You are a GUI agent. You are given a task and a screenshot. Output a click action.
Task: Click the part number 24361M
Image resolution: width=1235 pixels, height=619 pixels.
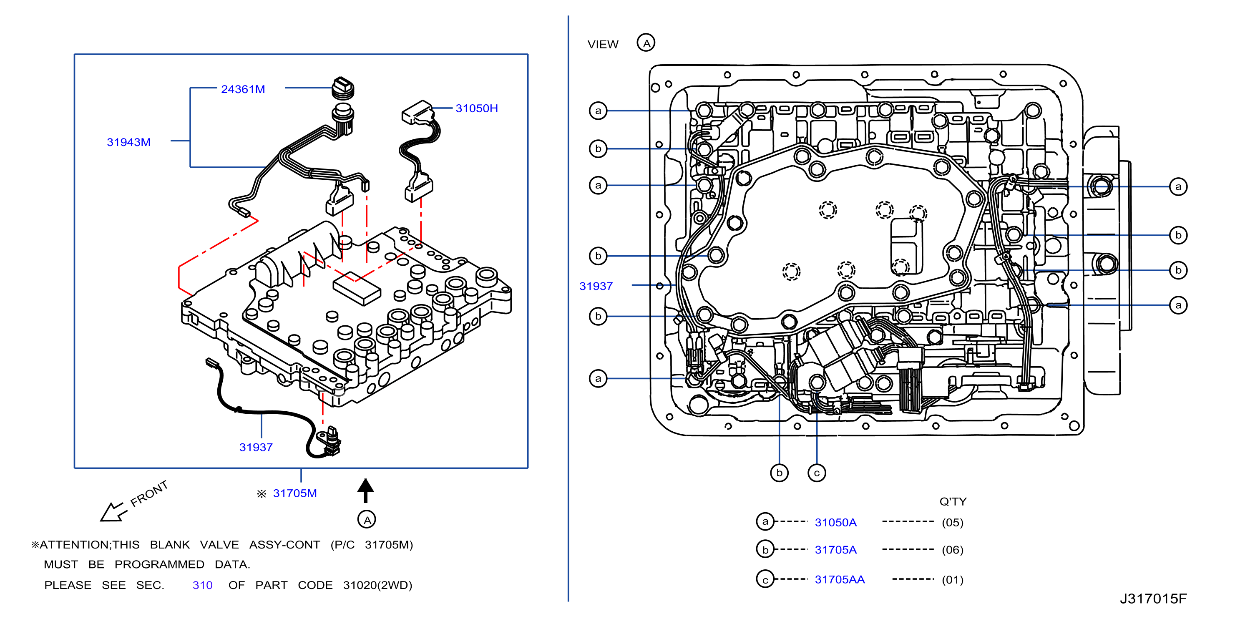[243, 89]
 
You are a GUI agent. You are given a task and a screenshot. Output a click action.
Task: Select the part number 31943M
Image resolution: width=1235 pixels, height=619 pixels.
[128, 142]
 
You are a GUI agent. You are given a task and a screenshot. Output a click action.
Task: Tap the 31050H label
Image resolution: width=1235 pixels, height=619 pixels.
[477, 108]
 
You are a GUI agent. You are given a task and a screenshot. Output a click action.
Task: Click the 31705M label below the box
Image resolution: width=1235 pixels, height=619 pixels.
[295, 493]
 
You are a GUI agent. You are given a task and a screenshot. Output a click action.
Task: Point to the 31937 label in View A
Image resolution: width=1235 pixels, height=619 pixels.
[596, 286]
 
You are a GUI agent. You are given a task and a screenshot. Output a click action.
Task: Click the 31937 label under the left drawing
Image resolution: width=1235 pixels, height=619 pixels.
[256, 447]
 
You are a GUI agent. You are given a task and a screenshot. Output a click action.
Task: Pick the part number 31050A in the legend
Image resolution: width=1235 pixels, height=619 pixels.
[836, 522]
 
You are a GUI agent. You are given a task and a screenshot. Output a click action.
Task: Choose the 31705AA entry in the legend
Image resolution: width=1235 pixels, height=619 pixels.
[840, 579]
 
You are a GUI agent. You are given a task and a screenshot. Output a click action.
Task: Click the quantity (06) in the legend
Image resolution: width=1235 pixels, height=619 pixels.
[953, 549]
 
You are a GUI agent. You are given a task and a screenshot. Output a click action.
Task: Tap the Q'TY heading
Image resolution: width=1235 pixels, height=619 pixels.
[953, 501]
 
